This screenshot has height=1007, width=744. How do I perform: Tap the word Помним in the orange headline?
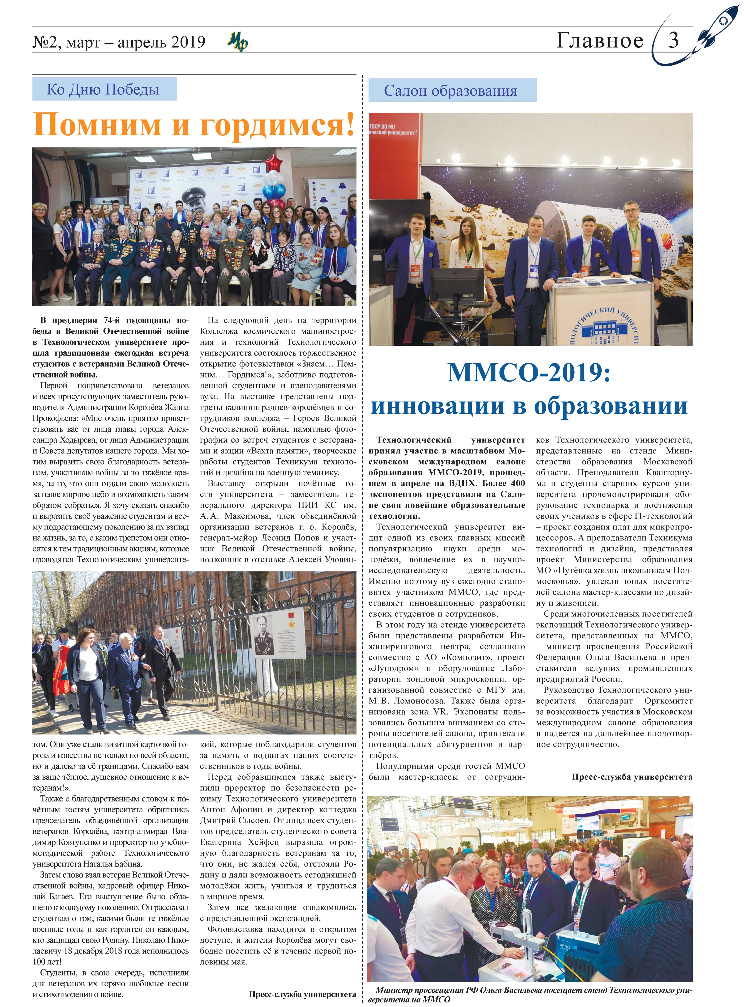[97, 124]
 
